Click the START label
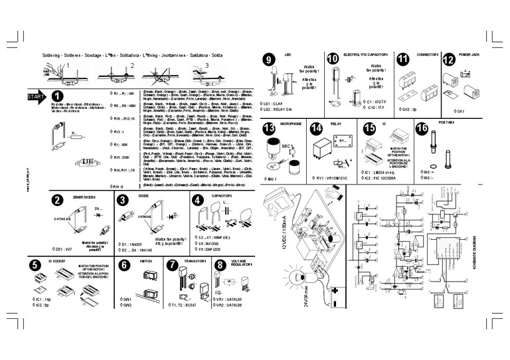pyautogui.click(x=36, y=97)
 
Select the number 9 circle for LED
pyautogui.click(x=269, y=58)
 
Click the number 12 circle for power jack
pyautogui.click(x=449, y=58)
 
